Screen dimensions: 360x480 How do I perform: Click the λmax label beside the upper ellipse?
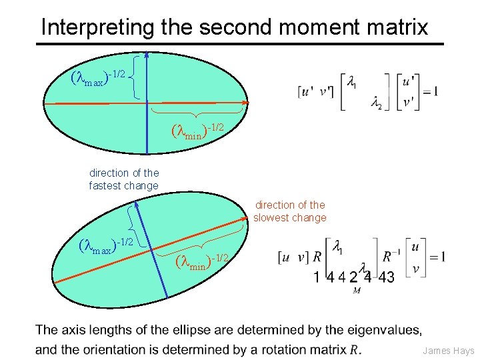tap(97, 77)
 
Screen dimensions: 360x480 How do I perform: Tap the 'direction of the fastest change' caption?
tap(124, 179)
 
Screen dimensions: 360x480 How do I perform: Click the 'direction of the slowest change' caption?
tap(290, 211)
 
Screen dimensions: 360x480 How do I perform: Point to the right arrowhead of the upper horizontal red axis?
tap(246, 103)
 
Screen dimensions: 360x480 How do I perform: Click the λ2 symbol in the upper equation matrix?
tap(377, 103)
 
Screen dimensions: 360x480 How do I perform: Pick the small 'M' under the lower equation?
tap(357, 290)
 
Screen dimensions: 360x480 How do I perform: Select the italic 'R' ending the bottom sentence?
tap(354, 349)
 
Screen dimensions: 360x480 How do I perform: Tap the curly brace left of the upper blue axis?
tap(136, 77)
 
